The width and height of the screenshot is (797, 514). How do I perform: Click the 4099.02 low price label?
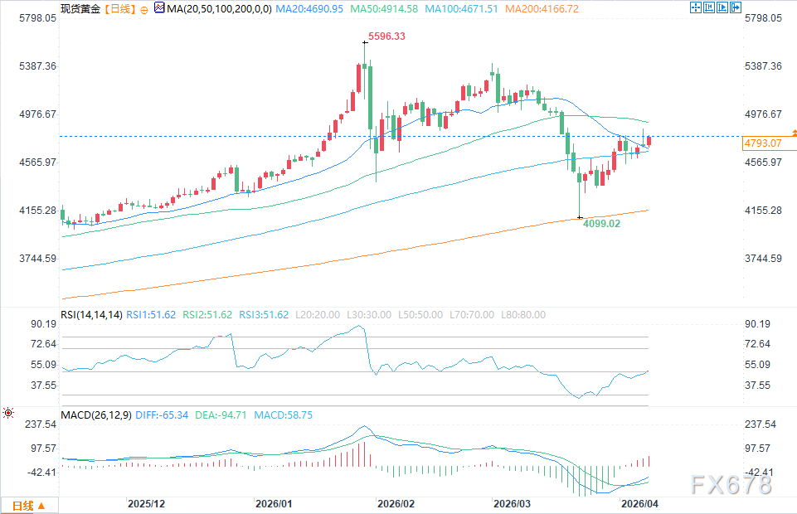(x=600, y=223)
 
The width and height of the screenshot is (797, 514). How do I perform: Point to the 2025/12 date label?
(x=147, y=504)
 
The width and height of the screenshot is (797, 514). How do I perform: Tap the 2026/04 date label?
(x=639, y=504)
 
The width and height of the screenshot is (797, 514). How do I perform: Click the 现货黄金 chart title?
(x=80, y=9)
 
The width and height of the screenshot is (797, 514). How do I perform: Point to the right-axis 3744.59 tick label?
(x=764, y=259)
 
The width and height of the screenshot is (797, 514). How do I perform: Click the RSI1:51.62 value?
(x=151, y=315)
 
